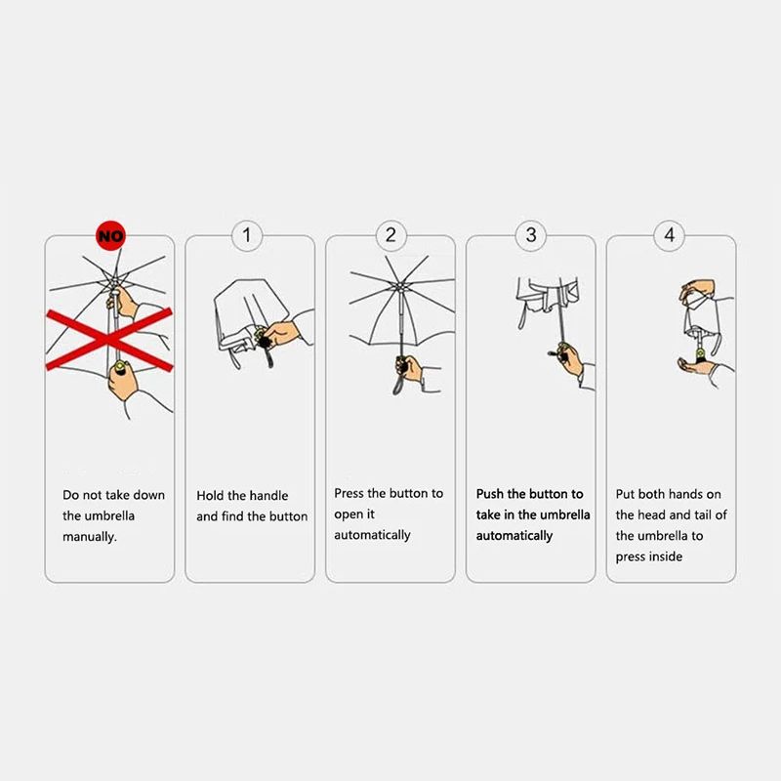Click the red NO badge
pyautogui.click(x=110, y=235)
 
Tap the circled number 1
pyautogui.click(x=247, y=235)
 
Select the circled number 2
pyautogui.click(x=391, y=235)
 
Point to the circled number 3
pyautogui.click(x=531, y=235)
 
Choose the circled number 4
pyautogui.click(x=670, y=235)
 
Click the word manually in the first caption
pyautogui.click(x=90, y=537)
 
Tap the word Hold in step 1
pyautogui.click(x=210, y=496)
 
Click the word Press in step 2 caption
pyautogui.click(x=349, y=493)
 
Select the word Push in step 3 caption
pyautogui.click(x=490, y=494)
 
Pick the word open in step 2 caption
pyautogui.click(x=347, y=515)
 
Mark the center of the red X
pyautogui.click(x=109, y=339)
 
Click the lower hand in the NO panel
pyautogui.click(x=123, y=381)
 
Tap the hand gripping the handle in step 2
pyautogui.click(x=409, y=369)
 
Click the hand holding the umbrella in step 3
pyautogui.click(x=570, y=358)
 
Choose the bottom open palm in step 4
pyautogui.click(x=696, y=366)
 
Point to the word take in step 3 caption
pyautogui.click(x=488, y=514)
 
